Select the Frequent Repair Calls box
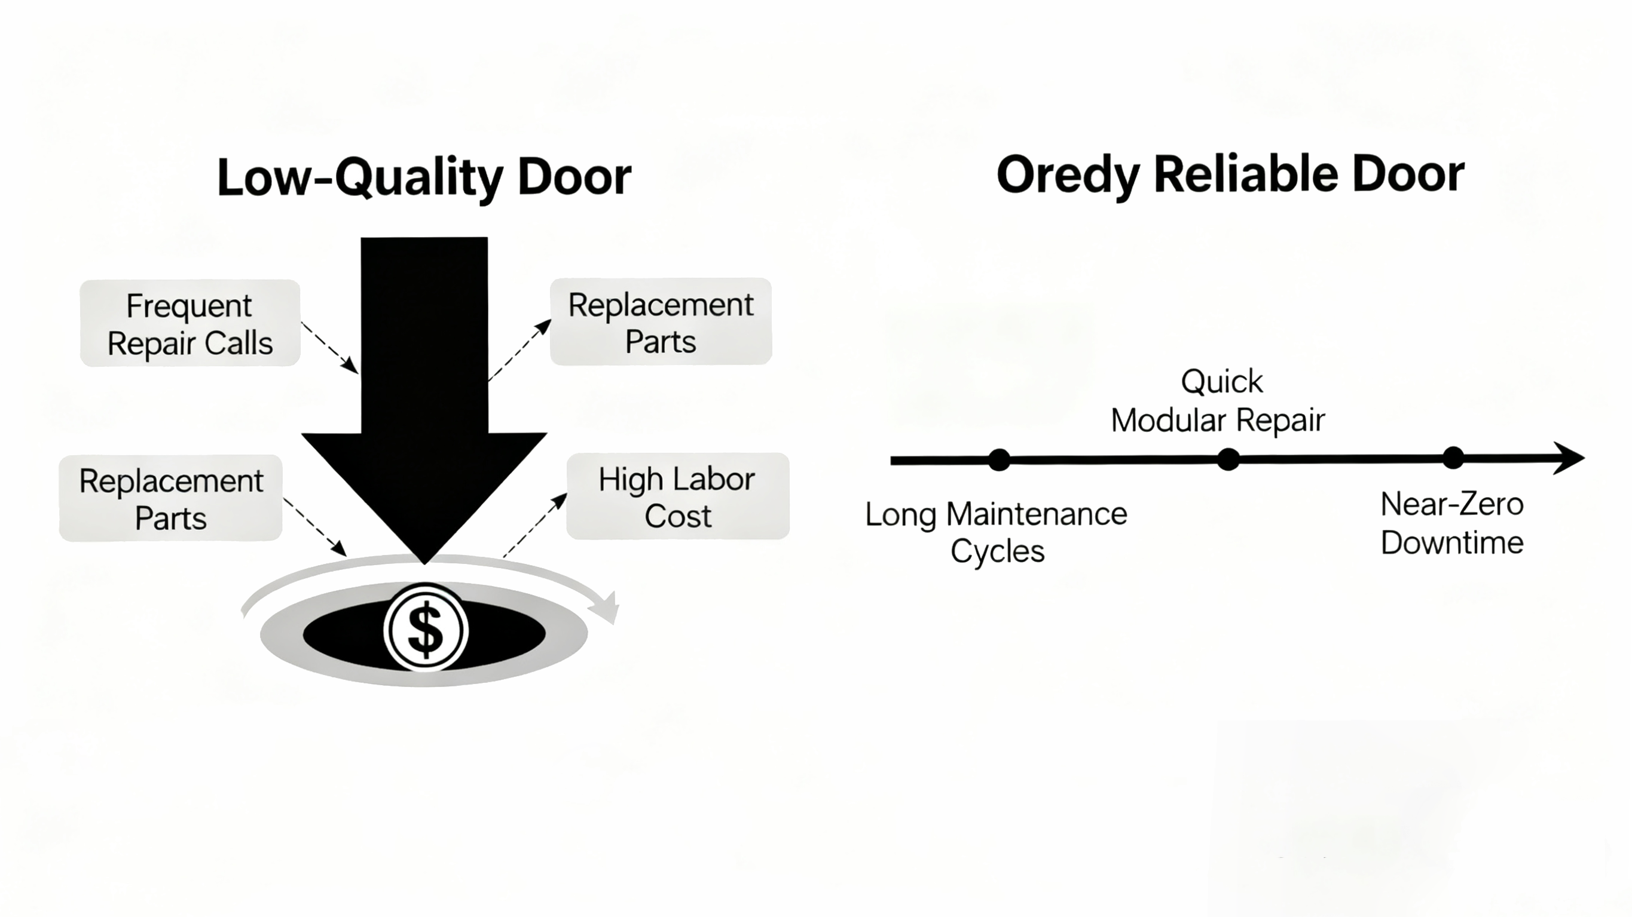(x=190, y=324)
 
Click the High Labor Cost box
(x=677, y=496)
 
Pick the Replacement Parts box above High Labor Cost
(x=661, y=322)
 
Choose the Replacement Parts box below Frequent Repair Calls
(x=170, y=498)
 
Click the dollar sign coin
(x=426, y=628)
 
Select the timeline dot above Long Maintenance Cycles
(x=999, y=460)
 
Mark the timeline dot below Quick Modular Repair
(x=1228, y=459)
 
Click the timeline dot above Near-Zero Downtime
(x=1453, y=458)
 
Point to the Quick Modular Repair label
(x=1218, y=401)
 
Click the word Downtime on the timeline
(x=1452, y=542)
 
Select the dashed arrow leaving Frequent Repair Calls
(x=329, y=346)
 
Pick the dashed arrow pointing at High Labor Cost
(x=536, y=525)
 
